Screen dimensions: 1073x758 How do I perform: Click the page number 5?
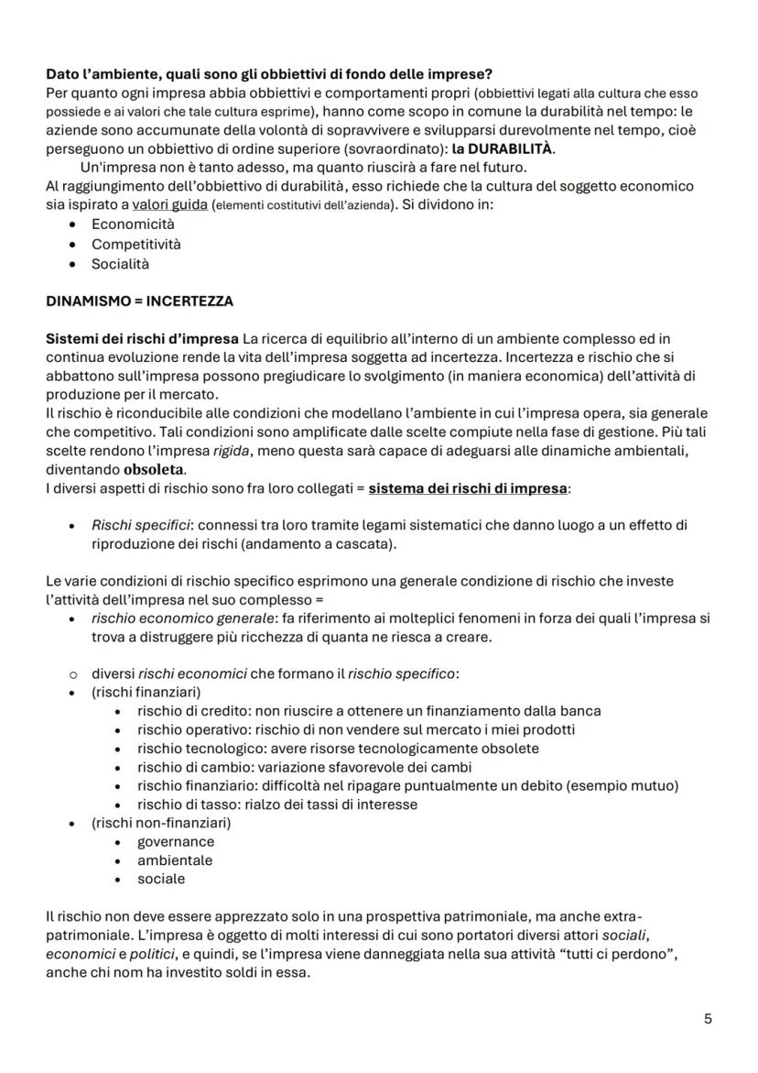[x=708, y=1019]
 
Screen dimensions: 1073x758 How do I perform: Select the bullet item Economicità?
[x=133, y=224]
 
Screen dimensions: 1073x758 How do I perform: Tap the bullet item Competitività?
[x=135, y=244]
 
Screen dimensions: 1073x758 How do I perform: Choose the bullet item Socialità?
[x=120, y=264]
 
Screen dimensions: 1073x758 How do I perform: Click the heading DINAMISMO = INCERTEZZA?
[x=139, y=301]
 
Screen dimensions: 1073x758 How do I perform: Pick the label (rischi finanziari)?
[x=146, y=692]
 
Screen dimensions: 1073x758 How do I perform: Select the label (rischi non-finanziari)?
[x=161, y=823]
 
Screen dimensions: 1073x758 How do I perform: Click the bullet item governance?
[x=176, y=841]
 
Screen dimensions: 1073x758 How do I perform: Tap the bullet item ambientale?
[x=175, y=859]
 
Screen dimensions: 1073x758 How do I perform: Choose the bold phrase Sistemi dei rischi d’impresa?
[x=143, y=339]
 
